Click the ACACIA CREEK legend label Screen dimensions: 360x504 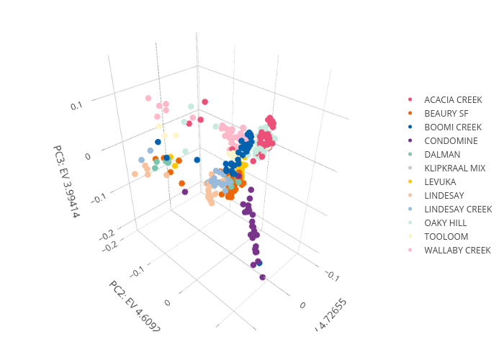point(453,99)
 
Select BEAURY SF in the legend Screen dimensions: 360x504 point(446,113)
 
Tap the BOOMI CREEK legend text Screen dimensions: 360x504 point(453,127)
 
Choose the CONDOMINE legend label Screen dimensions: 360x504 point(451,140)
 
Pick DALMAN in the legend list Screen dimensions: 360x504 point(441,154)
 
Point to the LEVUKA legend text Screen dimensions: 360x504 point(441,181)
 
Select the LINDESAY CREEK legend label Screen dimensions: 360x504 point(458,209)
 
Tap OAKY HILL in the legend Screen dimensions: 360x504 point(446,222)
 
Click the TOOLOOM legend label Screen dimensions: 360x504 point(446,236)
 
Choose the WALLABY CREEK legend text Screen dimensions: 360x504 point(457,250)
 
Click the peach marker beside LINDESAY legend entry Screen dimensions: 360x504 point(410,195)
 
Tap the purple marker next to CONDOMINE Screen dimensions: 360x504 point(410,140)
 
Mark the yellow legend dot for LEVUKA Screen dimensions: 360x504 point(410,181)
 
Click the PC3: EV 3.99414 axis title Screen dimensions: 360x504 point(66,181)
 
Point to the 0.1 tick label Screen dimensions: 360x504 point(77,107)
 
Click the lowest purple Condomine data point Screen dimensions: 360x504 point(262,277)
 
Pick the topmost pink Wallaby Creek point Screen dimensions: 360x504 point(148,98)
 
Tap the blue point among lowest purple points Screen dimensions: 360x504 point(259,264)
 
